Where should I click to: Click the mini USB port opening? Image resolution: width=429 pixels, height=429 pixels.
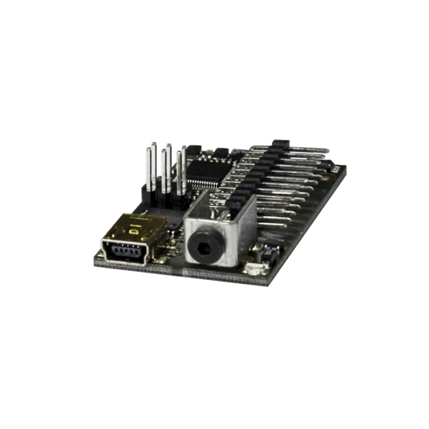124,252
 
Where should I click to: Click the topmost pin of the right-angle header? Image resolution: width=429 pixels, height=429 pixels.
311,149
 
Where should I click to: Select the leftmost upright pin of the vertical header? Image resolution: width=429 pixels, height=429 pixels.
148,166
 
